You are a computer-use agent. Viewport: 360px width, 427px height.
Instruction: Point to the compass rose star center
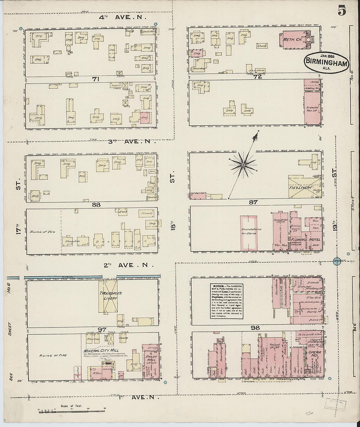point(243,166)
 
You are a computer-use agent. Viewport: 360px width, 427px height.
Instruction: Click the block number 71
point(95,79)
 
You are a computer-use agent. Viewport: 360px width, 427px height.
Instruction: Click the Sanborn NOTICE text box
point(226,301)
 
